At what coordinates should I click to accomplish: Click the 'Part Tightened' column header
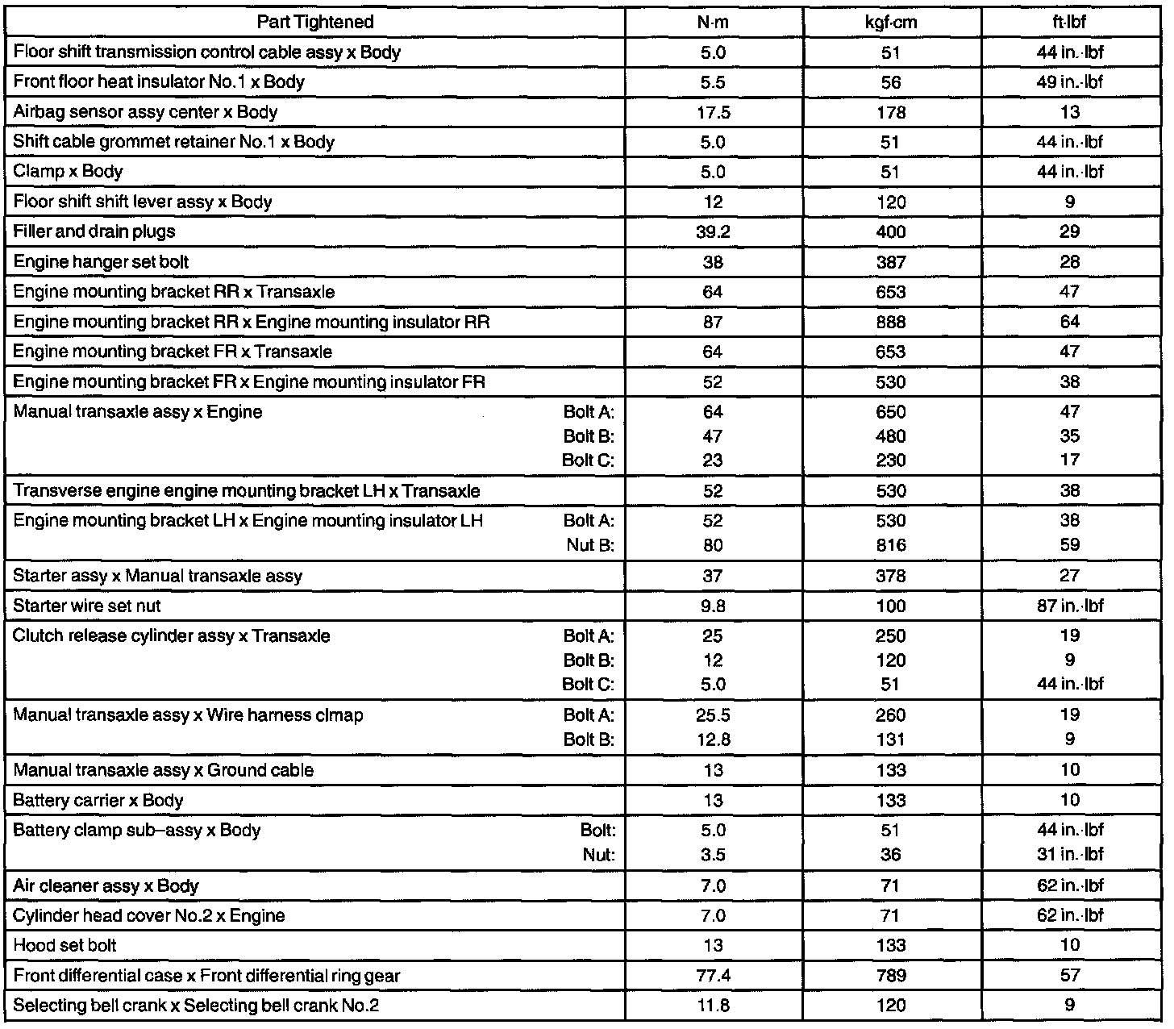(x=315, y=22)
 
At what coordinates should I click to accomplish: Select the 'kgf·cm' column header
(x=891, y=22)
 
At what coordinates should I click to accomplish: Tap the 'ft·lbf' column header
(x=1069, y=22)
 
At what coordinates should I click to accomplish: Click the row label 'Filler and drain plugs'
(x=94, y=232)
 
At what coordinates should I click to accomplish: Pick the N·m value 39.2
(x=713, y=232)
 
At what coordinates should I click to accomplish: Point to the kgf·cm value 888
(x=891, y=323)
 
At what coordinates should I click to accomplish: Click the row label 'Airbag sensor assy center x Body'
(x=146, y=112)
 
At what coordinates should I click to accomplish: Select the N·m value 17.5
(x=713, y=113)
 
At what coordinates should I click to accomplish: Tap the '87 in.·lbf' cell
(x=1069, y=606)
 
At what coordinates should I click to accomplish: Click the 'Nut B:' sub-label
(x=590, y=545)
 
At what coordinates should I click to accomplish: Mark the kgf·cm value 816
(x=891, y=545)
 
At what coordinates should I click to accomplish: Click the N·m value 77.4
(x=713, y=976)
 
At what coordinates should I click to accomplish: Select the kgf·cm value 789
(x=891, y=976)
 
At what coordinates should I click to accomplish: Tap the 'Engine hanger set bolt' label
(x=102, y=262)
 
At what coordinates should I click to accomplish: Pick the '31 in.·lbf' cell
(x=1069, y=855)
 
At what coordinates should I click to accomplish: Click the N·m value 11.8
(x=713, y=1006)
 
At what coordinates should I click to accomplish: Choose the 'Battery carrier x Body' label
(x=98, y=801)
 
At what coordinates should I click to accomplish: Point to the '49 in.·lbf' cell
(x=1069, y=82)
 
